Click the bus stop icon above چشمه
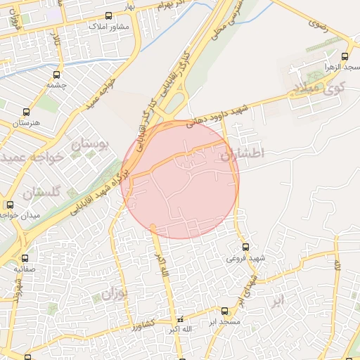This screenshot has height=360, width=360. (56, 73)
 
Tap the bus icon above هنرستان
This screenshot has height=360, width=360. (27, 112)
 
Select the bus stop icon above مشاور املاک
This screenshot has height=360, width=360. (108, 15)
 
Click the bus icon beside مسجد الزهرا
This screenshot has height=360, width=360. (345, 56)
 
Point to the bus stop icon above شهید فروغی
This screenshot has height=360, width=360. (245, 247)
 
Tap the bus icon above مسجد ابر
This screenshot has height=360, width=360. (225, 311)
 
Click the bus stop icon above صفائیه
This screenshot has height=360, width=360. (25, 258)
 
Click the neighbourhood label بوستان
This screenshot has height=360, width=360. (91, 146)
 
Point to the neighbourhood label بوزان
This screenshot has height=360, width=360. (112, 293)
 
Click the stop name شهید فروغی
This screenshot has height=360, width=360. (246, 258)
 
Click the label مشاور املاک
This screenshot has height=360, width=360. (108, 26)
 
